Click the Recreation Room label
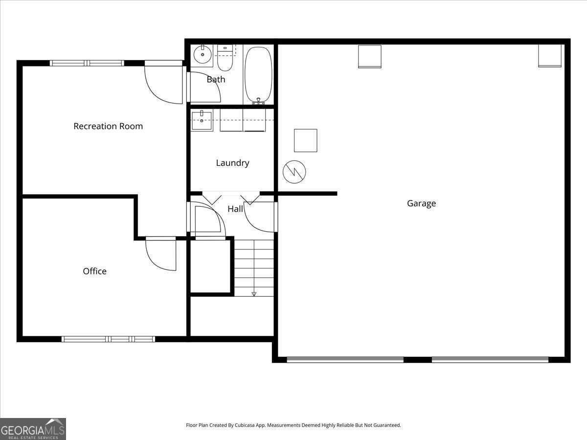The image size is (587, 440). click(x=108, y=126)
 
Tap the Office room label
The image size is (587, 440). click(x=94, y=271)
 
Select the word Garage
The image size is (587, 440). click(x=421, y=203)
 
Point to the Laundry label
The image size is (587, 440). click(x=232, y=163)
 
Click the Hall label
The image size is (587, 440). click(x=235, y=209)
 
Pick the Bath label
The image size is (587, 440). click(x=216, y=79)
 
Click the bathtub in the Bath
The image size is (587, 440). click(x=258, y=75)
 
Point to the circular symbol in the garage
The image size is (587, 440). click(x=294, y=171)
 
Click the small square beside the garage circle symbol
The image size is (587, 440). click(x=305, y=140)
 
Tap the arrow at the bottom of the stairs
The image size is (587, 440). click(x=254, y=294)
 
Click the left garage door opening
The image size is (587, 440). click(x=345, y=359)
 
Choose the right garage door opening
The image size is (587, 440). click(x=490, y=359)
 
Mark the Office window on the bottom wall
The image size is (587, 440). click(x=108, y=339)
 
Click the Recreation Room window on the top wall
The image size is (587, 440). click(x=87, y=63)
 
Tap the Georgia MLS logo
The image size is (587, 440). click(x=33, y=429)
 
